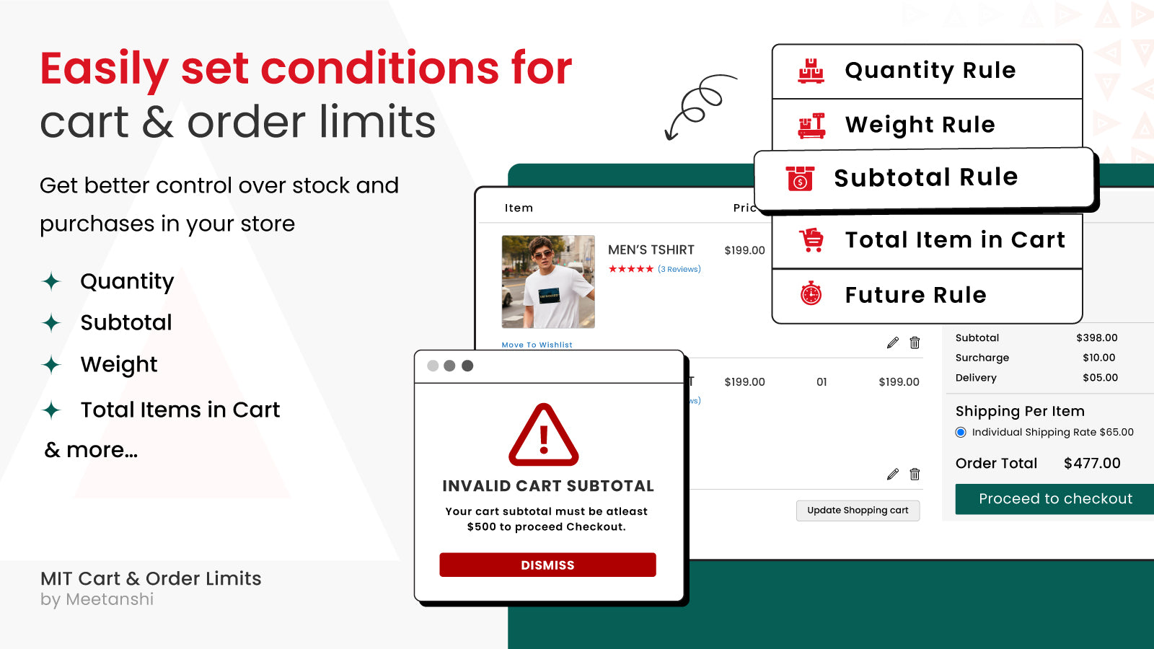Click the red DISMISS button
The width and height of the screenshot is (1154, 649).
(x=547, y=565)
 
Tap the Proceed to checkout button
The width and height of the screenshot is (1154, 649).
(x=1054, y=498)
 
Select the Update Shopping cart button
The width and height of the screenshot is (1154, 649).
(x=858, y=511)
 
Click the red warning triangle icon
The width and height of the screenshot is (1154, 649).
(x=544, y=435)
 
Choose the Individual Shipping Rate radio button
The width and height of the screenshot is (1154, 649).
(x=961, y=432)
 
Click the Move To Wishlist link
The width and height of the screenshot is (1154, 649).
(x=537, y=345)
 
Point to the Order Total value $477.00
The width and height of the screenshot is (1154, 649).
(x=1092, y=463)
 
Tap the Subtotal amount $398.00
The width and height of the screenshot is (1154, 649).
(x=1097, y=338)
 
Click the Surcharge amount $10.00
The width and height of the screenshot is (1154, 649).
(x=1099, y=358)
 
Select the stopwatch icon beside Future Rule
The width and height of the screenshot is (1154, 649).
(x=811, y=293)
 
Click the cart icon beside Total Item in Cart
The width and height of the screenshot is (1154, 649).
(x=811, y=240)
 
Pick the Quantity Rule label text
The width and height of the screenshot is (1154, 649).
(x=930, y=71)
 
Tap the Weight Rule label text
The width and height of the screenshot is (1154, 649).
(x=920, y=125)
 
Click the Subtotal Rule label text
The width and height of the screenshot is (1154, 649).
(x=926, y=177)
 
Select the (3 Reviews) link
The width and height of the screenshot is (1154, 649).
(x=679, y=269)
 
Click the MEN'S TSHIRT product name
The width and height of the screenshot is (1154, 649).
(x=651, y=250)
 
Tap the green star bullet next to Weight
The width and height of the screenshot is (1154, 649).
(x=51, y=365)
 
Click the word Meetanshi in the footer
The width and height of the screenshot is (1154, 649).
(x=110, y=599)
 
